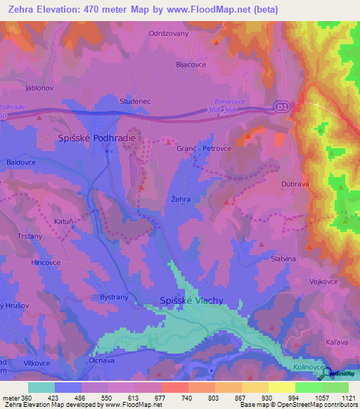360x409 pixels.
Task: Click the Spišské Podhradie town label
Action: coord(96,139)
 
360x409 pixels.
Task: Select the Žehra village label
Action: coord(181,200)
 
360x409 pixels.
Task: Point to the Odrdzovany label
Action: coord(168,33)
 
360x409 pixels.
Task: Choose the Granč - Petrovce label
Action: coord(204,149)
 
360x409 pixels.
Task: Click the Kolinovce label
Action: coord(307,368)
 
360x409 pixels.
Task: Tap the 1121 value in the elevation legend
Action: coord(348,397)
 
